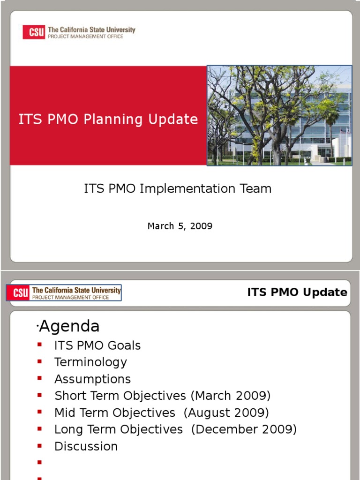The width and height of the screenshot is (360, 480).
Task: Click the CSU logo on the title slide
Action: (78, 32)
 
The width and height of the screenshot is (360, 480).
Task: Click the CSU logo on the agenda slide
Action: (64, 293)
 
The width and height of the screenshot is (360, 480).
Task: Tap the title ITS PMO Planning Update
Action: (108, 120)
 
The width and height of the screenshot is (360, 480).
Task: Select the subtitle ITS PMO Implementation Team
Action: (178, 188)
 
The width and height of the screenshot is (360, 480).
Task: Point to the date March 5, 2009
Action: (180, 226)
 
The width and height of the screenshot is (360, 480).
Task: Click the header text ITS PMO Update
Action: (297, 292)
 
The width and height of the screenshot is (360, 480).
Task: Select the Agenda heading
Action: (69, 326)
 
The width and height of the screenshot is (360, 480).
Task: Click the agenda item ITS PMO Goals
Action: (97, 345)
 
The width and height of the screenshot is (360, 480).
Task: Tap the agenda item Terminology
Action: (90, 362)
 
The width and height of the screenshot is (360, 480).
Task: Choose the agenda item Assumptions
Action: (92, 379)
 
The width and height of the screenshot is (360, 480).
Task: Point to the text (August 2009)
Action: (226, 412)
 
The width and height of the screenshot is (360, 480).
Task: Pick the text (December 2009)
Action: (244, 429)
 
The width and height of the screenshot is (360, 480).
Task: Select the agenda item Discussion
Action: (86, 446)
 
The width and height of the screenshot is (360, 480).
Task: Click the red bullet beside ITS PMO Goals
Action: (40, 345)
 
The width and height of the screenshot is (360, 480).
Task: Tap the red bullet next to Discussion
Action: (40, 445)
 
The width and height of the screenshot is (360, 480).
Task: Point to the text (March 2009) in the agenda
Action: (231, 396)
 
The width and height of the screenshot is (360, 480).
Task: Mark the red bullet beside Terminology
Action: (40, 361)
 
